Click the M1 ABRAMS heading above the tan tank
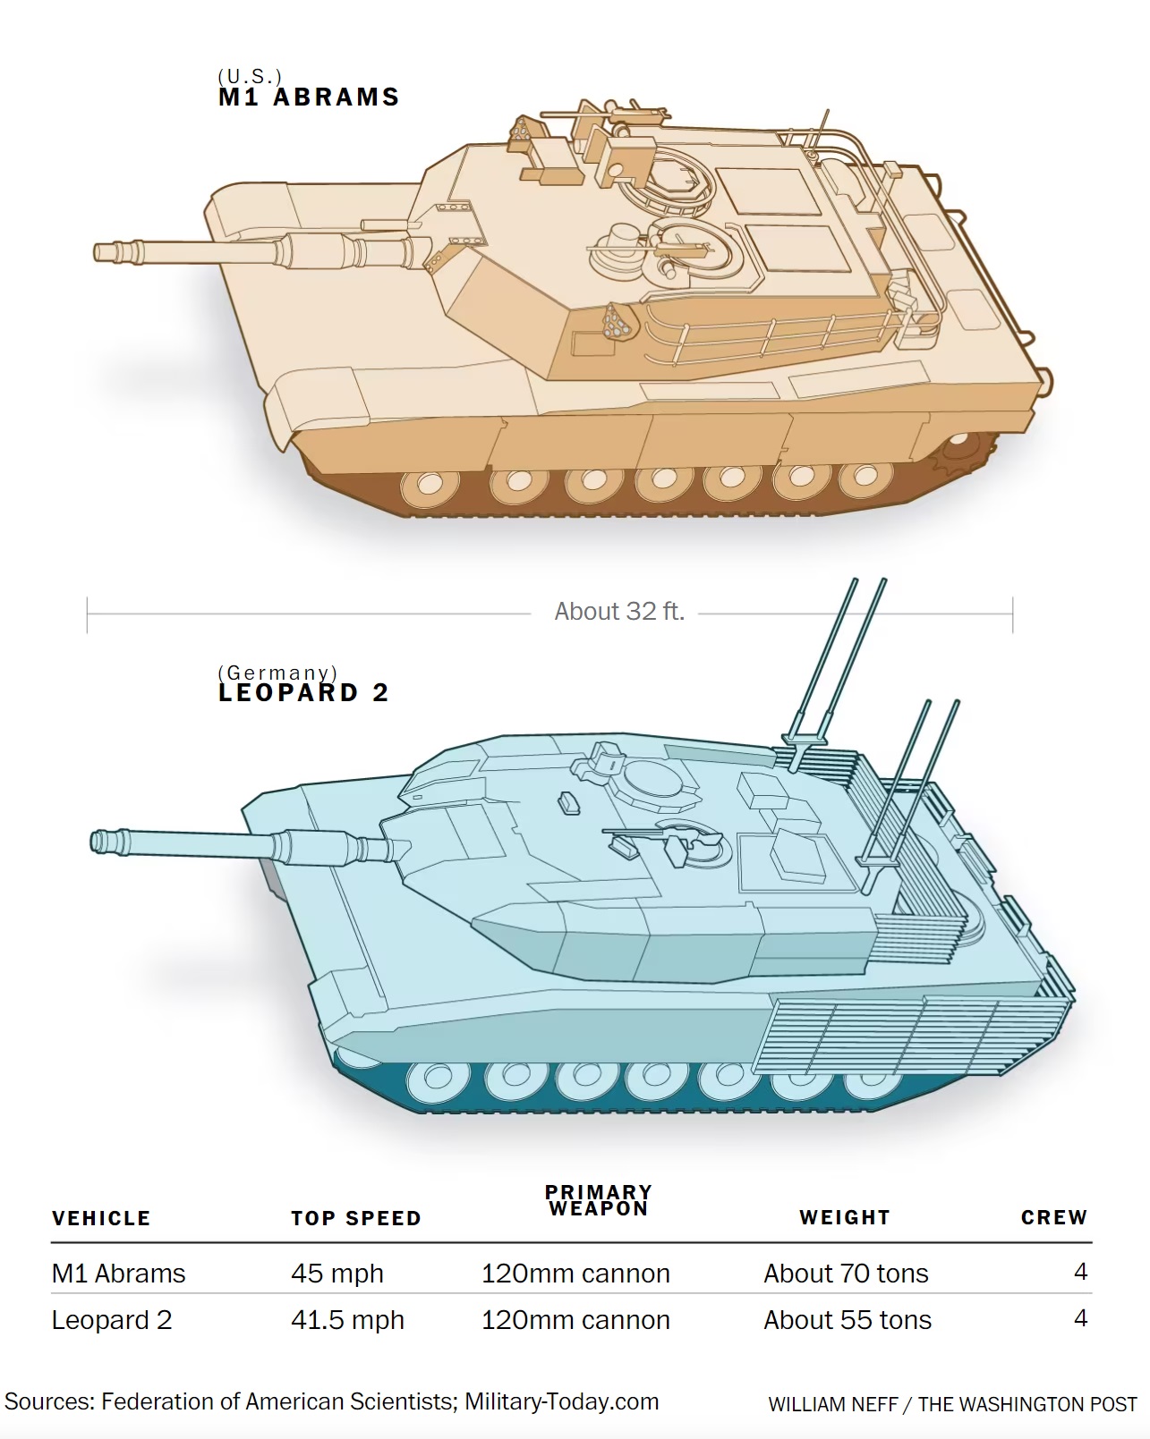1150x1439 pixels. pos(309,97)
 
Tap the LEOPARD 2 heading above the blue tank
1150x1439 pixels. pos(303,693)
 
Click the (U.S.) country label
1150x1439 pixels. pos(250,76)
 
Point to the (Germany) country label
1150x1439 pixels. pos(277,672)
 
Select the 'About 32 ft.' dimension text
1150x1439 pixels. pos(619,611)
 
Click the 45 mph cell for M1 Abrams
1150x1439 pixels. pos(336,1274)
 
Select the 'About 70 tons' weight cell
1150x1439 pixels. pos(846,1274)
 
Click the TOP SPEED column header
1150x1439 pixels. pos(356,1218)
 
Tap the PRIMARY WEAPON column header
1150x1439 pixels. pos(599,1201)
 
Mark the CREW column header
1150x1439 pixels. pos(1054,1218)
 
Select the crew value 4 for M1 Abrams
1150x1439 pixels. pos(1080,1272)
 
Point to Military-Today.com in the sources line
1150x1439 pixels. pos(562,1401)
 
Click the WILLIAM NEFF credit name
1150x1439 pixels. pos(832,1404)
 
